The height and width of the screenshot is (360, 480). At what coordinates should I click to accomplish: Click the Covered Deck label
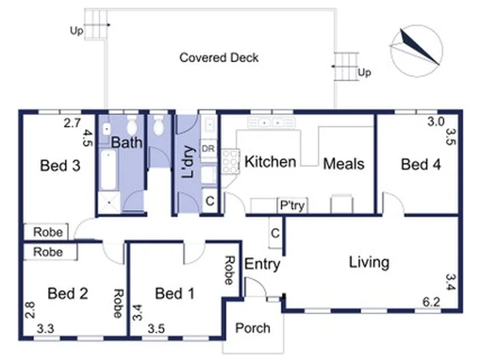[x=219, y=57]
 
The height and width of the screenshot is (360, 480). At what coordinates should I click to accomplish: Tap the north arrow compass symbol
[x=417, y=51]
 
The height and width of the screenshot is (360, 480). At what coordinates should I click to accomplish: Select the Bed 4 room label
[x=421, y=165]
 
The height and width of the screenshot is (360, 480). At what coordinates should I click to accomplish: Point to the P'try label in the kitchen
[x=293, y=205]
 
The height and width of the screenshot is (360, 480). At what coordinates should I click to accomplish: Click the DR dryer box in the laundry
[x=208, y=149]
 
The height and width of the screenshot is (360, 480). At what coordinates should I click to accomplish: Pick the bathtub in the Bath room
[x=109, y=169]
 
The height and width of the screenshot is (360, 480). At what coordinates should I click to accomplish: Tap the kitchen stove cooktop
[x=230, y=161]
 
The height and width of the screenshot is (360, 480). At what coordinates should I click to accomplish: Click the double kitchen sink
[x=271, y=123]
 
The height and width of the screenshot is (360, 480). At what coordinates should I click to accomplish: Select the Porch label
[x=253, y=328]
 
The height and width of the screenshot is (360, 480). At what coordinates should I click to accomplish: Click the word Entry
[x=263, y=264]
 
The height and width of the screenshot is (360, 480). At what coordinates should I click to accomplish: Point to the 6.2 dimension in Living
[x=431, y=302]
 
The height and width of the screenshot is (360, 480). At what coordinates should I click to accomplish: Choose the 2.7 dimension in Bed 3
[x=72, y=123]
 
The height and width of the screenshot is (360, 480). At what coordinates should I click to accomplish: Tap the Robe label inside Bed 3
[x=48, y=232]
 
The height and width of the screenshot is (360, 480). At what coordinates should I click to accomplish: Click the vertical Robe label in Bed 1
[x=229, y=270]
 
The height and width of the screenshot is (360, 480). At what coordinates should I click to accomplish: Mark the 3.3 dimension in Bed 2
[x=45, y=329]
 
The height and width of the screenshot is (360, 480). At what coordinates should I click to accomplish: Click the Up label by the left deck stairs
[x=77, y=31]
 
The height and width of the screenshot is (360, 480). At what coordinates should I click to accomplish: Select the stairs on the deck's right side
[x=346, y=67]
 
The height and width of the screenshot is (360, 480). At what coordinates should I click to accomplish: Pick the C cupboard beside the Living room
[x=275, y=233]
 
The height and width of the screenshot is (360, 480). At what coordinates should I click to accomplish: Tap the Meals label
[x=344, y=164]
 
